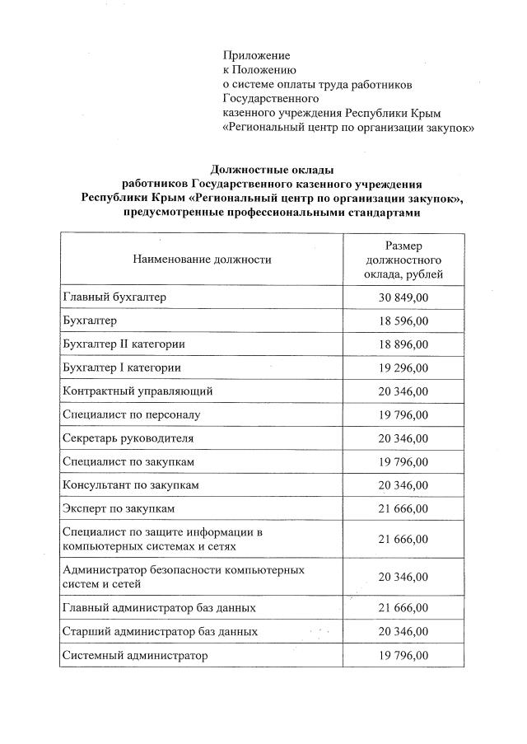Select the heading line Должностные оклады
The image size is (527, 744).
tap(272, 169)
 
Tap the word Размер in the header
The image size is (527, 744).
tap(403, 246)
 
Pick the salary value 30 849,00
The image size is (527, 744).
tap(403, 297)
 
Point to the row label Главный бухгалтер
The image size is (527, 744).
tap(114, 297)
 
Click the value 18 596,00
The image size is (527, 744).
tap(403, 321)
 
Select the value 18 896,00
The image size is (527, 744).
tap(403, 344)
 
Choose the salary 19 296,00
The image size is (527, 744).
tap(403, 367)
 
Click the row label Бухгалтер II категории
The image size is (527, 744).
tap(124, 344)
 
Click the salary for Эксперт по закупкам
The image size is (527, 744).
tap(403, 509)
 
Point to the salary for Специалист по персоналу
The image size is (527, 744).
tap(403, 414)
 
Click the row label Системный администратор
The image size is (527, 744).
tap(135, 656)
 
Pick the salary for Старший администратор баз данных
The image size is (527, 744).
tap(403, 632)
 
